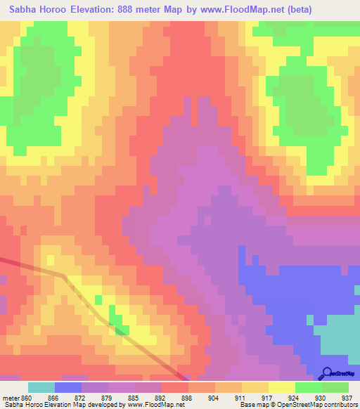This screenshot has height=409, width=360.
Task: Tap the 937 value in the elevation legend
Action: coord(346,397)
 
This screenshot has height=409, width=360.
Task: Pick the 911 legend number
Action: coord(240,397)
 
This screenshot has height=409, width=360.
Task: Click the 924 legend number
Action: coord(293,397)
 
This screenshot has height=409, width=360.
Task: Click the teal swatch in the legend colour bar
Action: coord(41,387)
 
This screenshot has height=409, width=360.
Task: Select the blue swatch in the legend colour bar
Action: coord(68,387)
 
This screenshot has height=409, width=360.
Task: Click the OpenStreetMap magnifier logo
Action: coord(326,374)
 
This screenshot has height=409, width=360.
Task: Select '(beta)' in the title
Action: coord(295,10)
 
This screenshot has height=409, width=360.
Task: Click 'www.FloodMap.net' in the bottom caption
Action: coord(148,405)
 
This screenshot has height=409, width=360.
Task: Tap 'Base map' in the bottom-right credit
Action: coord(252,405)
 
